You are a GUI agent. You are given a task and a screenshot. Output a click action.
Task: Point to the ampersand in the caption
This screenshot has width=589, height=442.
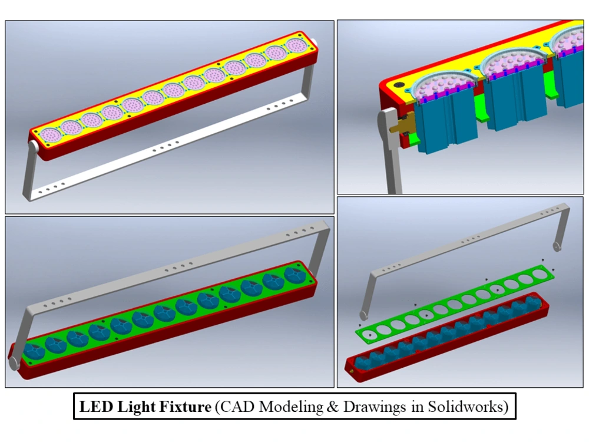tap(332, 407)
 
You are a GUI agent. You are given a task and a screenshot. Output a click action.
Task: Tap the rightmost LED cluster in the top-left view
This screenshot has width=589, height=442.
tap(297, 46)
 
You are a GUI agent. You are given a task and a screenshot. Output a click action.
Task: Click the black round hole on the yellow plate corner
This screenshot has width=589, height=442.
tap(398, 85)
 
